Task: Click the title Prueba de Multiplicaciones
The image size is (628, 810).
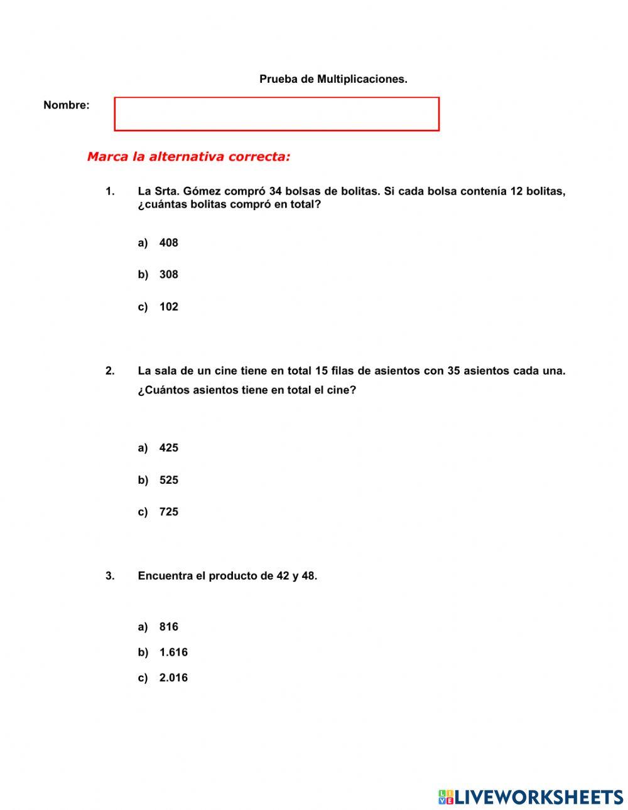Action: [x=333, y=79]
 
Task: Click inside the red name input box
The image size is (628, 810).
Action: [x=276, y=114]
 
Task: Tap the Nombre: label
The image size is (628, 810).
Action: [x=67, y=105]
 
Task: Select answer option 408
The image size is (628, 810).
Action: [x=168, y=243]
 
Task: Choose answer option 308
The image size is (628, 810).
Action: [x=168, y=275]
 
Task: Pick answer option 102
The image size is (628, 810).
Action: [x=168, y=307]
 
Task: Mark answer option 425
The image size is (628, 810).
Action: [x=168, y=448]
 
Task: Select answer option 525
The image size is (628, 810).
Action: [x=168, y=480]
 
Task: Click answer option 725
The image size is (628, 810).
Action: [x=168, y=512]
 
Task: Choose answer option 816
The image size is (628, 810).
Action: [x=168, y=627]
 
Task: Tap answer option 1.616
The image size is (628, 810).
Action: [x=173, y=653]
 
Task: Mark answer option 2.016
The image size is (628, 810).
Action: [x=173, y=678]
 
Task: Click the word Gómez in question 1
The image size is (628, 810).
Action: [x=202, y=191]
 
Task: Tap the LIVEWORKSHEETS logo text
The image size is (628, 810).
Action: [x=538, y=797]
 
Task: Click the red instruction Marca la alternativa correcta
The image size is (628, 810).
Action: [x=188, y=157]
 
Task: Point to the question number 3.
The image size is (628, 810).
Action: [x=110, y=576]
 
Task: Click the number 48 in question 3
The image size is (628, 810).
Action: [x=308, y=576]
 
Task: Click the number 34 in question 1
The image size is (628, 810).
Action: [x=275, y=191]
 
